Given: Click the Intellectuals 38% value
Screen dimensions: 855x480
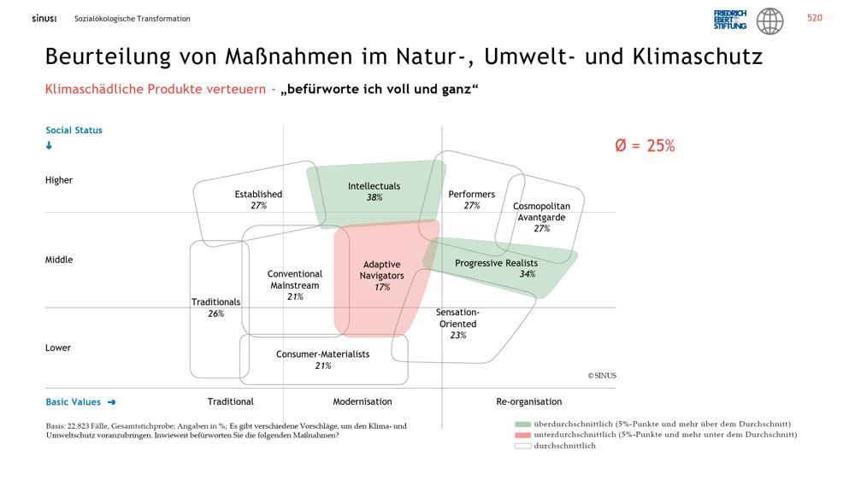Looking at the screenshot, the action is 374,198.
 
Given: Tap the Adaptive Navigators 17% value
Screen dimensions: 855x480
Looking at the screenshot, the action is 382,287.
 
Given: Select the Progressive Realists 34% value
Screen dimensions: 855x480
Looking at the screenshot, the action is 528,274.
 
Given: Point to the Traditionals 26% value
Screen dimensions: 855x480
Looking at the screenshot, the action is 216,313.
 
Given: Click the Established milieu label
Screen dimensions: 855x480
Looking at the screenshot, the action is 258,194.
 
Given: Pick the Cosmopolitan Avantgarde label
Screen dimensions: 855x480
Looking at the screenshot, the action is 541,212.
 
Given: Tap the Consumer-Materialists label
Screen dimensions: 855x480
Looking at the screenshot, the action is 323,354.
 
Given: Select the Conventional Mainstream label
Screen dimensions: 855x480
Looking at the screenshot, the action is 294,279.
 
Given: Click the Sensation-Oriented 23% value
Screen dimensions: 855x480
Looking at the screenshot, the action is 458,336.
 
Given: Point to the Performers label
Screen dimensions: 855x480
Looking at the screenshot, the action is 472,194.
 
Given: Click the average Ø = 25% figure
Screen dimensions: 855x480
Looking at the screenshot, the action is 645,145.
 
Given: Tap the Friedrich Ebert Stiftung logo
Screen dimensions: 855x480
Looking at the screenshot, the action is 730,20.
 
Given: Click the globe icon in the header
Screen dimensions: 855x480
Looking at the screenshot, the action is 770,21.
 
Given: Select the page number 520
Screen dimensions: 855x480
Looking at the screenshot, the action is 815,18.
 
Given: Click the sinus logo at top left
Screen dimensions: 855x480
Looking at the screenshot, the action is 44,19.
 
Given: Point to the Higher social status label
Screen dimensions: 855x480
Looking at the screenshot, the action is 59,180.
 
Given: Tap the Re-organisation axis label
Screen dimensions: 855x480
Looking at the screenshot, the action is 529,401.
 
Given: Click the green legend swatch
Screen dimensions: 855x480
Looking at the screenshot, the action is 523,424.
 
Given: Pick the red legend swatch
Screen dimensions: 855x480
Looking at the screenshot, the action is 523,435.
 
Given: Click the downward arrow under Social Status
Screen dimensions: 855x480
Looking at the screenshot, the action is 49,145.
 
